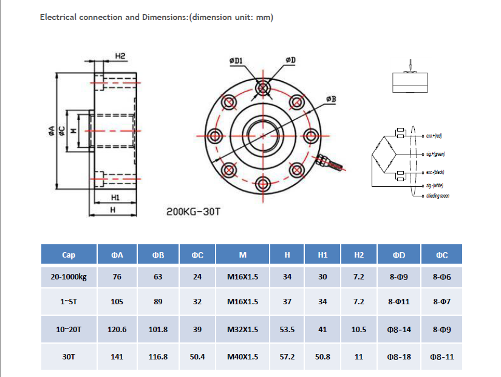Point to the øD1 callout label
[236, 61]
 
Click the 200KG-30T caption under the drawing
[193, 213]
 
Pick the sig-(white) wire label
[435, 185]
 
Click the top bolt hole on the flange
[263, 88]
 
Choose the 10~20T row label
[69, 330]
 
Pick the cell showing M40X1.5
[242, 357]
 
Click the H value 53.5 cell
[287, 330]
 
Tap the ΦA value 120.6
[117, 330]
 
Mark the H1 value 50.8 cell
[322, 357]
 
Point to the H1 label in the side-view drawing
[115, 198]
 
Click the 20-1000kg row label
[69, 277]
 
